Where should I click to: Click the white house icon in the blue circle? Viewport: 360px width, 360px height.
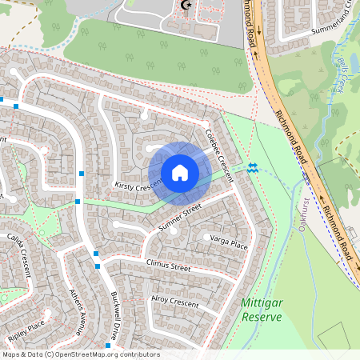[x=179, y=173]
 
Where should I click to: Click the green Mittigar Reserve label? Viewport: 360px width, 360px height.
[x=261, y=310]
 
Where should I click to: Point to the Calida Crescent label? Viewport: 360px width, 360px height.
[x=20, y=252]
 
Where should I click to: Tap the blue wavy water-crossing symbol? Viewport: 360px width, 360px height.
[x=253, y=167]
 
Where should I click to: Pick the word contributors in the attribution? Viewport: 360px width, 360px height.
[x=138, y=354]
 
